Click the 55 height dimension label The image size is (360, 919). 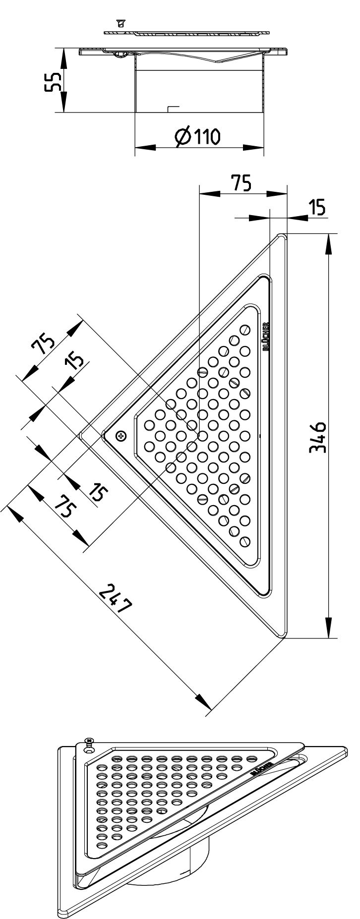pyautogui.click(x=52, y=81)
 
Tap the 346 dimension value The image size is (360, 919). pyautogui.click(x=317, y=436)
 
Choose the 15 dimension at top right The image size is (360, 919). pyautogui.click(x=317, y=207)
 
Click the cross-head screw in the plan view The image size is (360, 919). pyautogui.click(x=120, y=436)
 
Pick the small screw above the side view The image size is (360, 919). pyautogui.click(x=120, y=23)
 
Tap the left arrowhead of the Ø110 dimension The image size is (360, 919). pyautogui.click(x=144, y=147)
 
